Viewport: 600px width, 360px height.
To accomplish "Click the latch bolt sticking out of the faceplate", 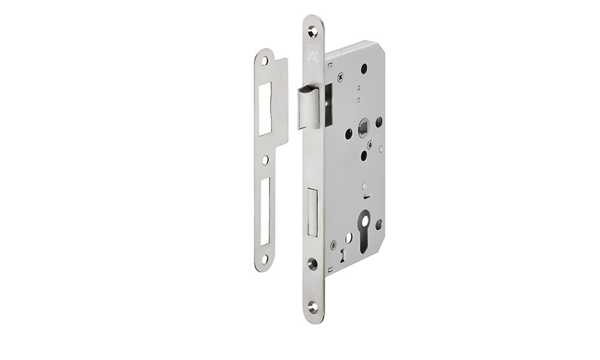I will tap(309, 108).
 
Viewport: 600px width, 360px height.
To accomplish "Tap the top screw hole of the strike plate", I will tap(265, 61).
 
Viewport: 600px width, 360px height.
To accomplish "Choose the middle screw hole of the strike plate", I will tap(265, 160).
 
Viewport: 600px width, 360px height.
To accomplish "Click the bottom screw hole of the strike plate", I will tap(264, 259).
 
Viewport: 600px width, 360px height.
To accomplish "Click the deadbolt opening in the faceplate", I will tap(311, 212).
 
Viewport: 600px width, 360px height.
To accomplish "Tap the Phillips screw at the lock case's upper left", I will tap(341, 77).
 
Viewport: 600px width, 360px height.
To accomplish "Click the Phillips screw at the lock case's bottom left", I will tap(334, 244).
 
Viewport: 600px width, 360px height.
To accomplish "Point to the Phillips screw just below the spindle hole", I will tap(370, 145).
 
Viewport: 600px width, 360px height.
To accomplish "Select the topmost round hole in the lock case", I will tap(364, 69).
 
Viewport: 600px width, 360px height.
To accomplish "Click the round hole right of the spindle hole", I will tap(379, 122).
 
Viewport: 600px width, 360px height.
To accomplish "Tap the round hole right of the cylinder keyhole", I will tap(379, 224).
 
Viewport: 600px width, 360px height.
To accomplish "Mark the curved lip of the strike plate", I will tap(283, 102).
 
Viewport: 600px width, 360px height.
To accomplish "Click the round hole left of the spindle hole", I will tap(349, 133).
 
